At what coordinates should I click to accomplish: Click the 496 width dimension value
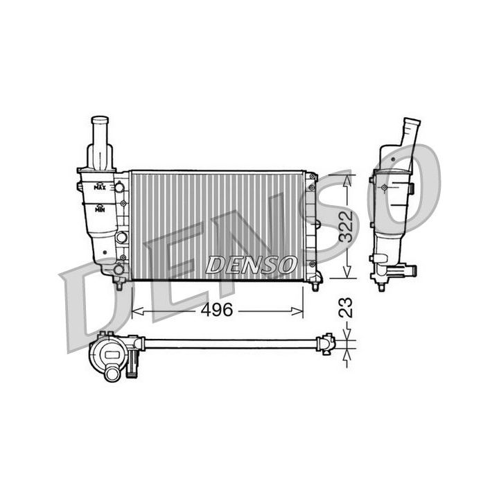[217, 310]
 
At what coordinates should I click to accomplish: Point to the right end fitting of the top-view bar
[326, 342]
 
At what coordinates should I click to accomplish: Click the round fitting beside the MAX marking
[119, 187]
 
